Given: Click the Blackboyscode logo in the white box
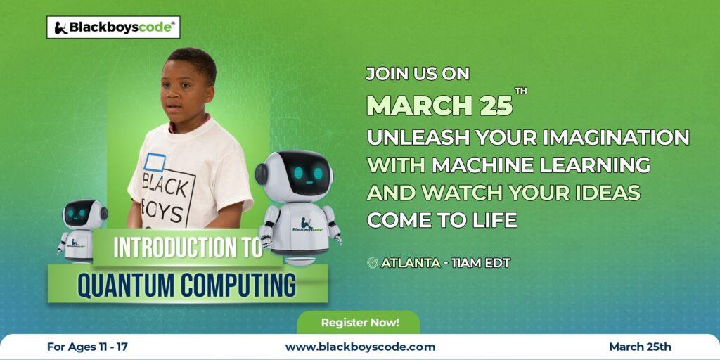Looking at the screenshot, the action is [x=113, y=27].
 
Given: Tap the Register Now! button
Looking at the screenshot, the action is [x=359, y=322].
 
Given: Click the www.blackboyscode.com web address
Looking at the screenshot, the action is [x=360, y=347].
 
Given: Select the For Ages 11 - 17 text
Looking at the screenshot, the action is [x=87, y=347].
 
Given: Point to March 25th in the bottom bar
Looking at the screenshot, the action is [x=640, y=347].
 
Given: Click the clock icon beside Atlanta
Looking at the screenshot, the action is [x=373, y=263].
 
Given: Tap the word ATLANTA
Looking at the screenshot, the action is [x=410, y=263].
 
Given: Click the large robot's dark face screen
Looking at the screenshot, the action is [x=304, y=172].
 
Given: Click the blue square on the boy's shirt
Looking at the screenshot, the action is [x=155, y=163].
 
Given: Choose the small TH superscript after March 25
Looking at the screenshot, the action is [x=521, y=91].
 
